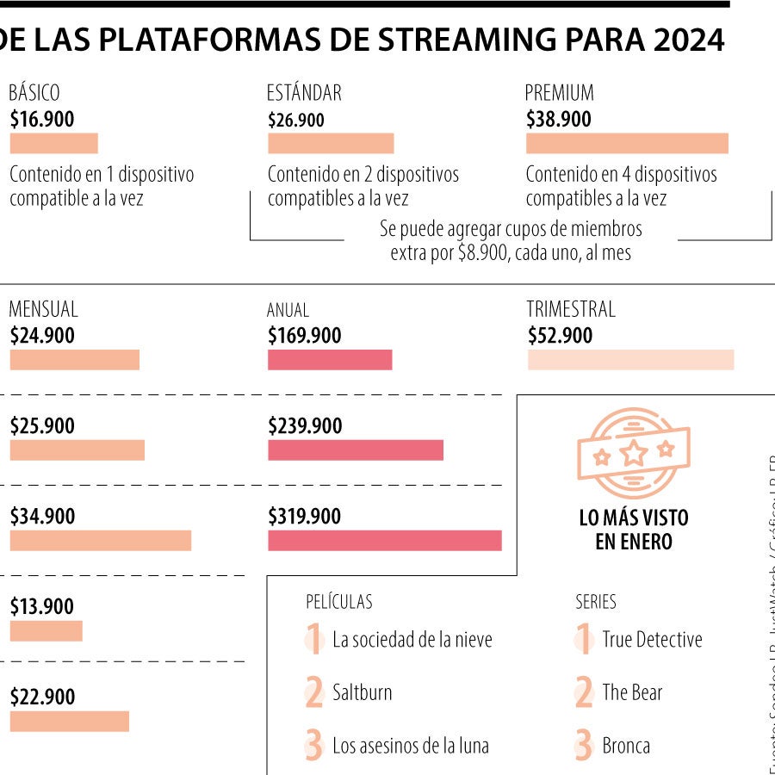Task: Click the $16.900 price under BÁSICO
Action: tap(42, 120)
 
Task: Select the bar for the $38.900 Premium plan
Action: tap(627, 143)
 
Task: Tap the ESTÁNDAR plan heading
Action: tap(304, 93)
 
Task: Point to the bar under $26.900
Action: tap(331, 143)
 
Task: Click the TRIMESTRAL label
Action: tap(571, 309)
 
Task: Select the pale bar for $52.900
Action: tap(630, 360)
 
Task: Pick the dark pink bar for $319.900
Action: tap(384, 540)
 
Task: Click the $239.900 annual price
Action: tap(305, 426)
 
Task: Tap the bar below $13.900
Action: tap(46, 631)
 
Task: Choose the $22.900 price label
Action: tap(42, 697)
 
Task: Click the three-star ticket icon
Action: tap(634, 453)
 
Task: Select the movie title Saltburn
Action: tap(362, 692)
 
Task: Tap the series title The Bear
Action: tap(632, 692)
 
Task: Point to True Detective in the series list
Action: tap(652, 640)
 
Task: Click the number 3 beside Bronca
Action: tap(584, 746)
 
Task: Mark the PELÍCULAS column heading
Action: tap(339, 602)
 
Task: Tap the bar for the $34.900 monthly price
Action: tap(100, 540)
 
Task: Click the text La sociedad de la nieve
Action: tap(412, 640)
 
